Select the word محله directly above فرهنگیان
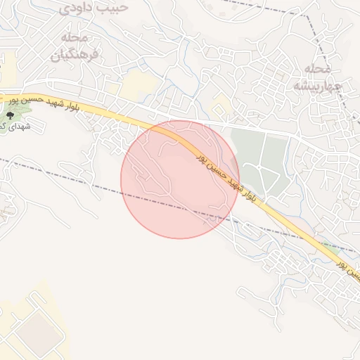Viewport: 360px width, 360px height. click(75, 37)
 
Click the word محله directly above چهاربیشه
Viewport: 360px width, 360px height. click(319, 68)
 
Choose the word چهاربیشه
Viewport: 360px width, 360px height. click(316, 85)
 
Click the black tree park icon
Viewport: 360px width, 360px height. click(10, 112)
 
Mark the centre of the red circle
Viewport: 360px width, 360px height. click(180, 179)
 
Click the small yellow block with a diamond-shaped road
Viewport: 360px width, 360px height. click(221, 108)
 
